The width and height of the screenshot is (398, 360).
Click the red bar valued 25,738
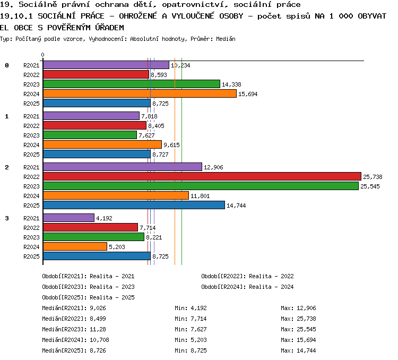pos(202,176)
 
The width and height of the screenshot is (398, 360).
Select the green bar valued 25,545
pos(201,186)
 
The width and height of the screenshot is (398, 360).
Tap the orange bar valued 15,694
pos(140,93)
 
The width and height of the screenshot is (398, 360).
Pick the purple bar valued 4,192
pos(68,218)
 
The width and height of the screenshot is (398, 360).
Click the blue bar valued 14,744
pos(134,205)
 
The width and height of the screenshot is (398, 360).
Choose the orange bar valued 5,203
pos(75,246)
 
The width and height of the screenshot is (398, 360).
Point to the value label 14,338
pos(231,84)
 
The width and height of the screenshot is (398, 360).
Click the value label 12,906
pos(213,167)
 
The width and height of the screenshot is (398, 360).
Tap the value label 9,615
pos(171,145)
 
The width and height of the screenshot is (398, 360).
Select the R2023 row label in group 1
pos(31,135)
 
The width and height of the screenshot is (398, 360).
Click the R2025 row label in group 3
pos(31,256)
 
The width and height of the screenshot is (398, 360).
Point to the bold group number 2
pos(7,167)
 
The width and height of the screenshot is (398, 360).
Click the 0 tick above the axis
pos(42,55)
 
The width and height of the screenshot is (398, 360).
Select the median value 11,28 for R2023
pos(98,329)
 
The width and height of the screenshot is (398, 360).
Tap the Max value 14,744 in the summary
pos(306,350)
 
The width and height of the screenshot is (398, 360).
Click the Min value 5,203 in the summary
pos(199,340)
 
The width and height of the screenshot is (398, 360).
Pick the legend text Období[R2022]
pos(220,276)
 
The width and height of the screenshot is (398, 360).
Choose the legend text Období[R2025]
pos(61,297)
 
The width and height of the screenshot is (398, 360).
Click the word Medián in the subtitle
pos(226,39)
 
